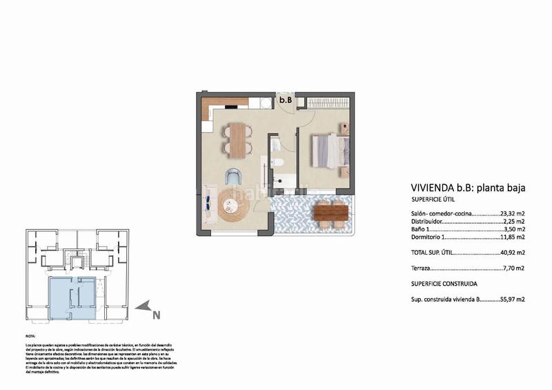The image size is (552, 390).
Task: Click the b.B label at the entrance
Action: [286, 100]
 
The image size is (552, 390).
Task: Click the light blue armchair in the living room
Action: [234, 176]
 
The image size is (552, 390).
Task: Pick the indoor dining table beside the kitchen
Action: [237, 139]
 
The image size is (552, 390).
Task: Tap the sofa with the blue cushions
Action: [207, 203]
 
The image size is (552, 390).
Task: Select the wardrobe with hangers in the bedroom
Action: [328, 103]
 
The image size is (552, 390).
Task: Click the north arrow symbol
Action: [144, 306]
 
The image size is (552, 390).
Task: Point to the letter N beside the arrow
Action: [157, 315]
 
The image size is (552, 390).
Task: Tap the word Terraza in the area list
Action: [422, 268]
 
